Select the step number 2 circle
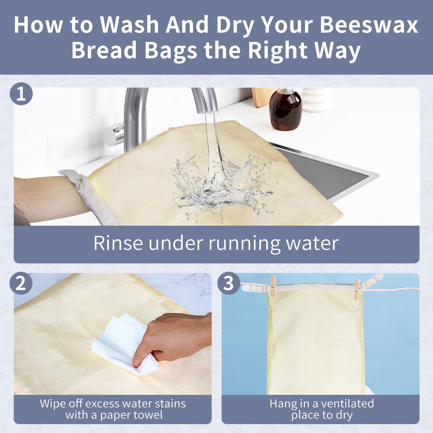pos(21,283)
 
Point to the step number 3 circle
pos(229,283)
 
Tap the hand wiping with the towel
pos(174,339)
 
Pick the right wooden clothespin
pos(357,289)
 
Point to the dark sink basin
pos(330,174)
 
